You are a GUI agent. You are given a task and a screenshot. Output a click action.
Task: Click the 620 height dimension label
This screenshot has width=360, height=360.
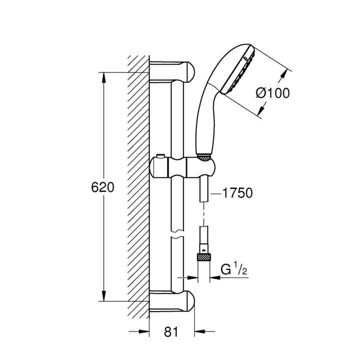(x=103, y=187)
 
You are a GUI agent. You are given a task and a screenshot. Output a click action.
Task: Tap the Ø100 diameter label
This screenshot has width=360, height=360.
(x=272, y=93)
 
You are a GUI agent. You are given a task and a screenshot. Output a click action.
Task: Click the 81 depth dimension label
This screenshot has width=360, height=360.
(x=171, y=331)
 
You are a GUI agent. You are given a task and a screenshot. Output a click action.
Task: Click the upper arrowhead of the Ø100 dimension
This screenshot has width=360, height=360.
(x=285, y=73)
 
